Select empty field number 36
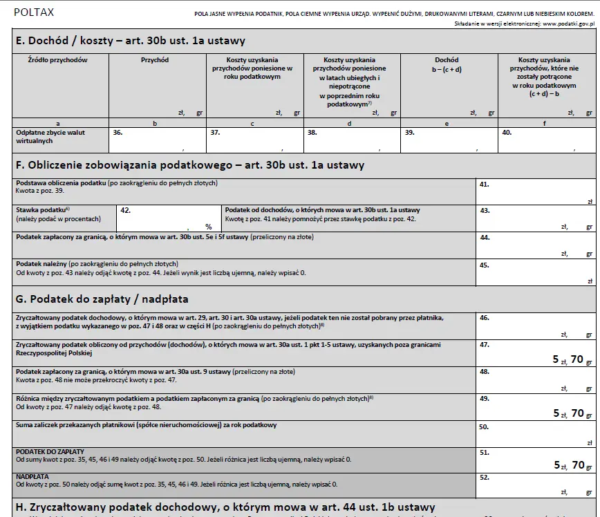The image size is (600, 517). click(157, 140)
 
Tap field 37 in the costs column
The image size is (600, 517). click(254, 140)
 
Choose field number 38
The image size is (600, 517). click(352, 140)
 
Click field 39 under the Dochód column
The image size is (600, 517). click(449, 140)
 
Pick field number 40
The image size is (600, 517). click(546, 140)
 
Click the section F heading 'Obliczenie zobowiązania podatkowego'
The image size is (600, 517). click(189, 165)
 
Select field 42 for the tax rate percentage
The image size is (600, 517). click(168, 218)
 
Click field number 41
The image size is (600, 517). click(536, 191)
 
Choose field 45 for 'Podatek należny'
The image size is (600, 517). click(536, 272)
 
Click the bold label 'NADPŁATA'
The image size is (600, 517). click(32, 476)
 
